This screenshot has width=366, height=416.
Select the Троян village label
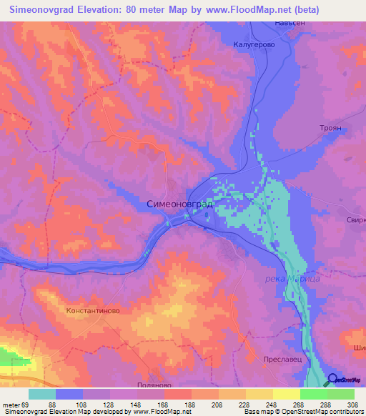tap(331, 127)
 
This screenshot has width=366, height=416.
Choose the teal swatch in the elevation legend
tap(42, 394)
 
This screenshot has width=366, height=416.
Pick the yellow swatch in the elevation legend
tap(286, 394)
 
